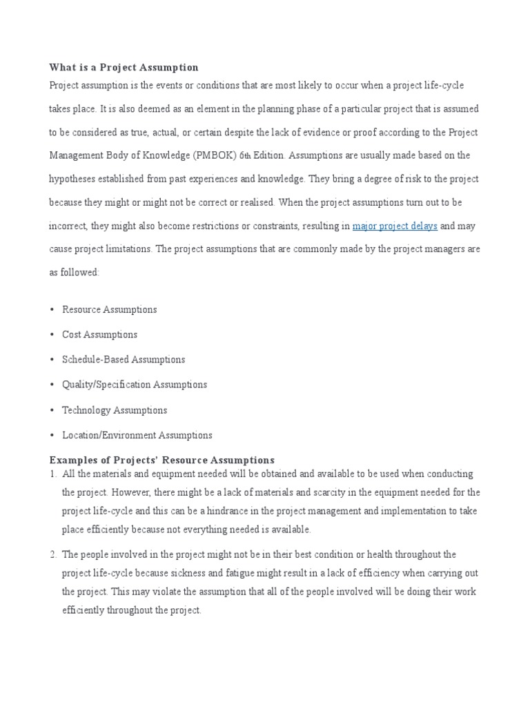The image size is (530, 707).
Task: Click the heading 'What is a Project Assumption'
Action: [124, 67]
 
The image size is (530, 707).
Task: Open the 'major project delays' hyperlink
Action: [395, 226]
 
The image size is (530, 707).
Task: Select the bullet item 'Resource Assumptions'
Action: [109, 309]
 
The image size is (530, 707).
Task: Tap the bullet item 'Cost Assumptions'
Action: [99, 334]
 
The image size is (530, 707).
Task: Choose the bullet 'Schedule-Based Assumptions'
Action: [124, 359]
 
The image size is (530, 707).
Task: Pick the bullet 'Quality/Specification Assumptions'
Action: [135, 384]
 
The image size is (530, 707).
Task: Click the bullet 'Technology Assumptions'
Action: [115, 410]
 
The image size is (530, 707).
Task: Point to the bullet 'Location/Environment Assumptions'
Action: [137, 435]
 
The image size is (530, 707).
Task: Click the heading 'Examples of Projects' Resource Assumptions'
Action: [161, 460]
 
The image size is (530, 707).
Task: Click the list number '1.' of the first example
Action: [52, 474]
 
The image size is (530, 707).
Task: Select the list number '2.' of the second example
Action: [52, 554]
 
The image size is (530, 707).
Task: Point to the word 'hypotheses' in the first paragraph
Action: [73, 179]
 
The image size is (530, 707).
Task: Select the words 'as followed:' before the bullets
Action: [74, 272]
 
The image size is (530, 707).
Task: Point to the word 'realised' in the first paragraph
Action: [256, 202]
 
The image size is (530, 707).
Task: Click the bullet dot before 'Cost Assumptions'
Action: [52, 335]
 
